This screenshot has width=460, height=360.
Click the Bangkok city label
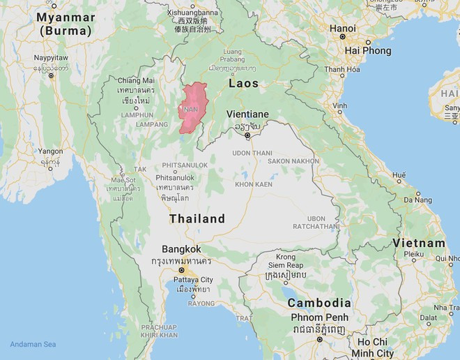coord(181,249)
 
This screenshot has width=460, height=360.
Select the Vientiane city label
coord(247,114)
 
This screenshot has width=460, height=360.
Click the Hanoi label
coord(342,29)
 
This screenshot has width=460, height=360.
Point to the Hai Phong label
coord(368,51)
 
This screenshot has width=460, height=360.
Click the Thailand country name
coord(197,218)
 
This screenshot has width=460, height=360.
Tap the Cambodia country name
coord(319,303)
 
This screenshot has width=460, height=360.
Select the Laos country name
coord(243,83)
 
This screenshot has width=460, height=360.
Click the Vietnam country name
coord(418,243)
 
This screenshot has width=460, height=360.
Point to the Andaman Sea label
coord(33,345)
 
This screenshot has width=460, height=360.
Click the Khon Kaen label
coord(253,184)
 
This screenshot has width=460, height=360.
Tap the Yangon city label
coord(50,151)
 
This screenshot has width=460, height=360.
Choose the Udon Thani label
coord(252,153)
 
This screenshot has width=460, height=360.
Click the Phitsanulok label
coord(174,177)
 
